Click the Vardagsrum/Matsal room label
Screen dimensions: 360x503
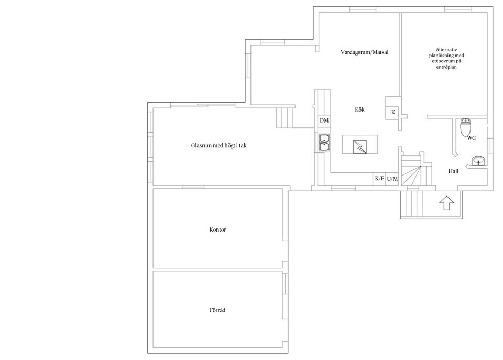click(x=365, y=53)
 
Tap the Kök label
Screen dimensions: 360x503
click(x=359, y=110)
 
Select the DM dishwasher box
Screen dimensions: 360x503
click(x=324, y=121)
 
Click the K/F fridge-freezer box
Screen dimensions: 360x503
click(x=379, y=179)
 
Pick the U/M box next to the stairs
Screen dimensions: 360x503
click(x=392, y=179)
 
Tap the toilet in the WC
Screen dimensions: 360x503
click(x=465, y=127)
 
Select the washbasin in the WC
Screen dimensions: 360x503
click(x=477, y=161)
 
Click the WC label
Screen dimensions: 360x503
click(x=472, y=138)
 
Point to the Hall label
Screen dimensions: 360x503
click(x=454, y=171)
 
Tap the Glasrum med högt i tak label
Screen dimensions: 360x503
click(x=218, y=145)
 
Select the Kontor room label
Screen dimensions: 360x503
click(x=217, y=230)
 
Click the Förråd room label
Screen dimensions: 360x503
click(x=217, y=310)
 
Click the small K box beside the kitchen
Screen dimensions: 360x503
click(x=393, y=113)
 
